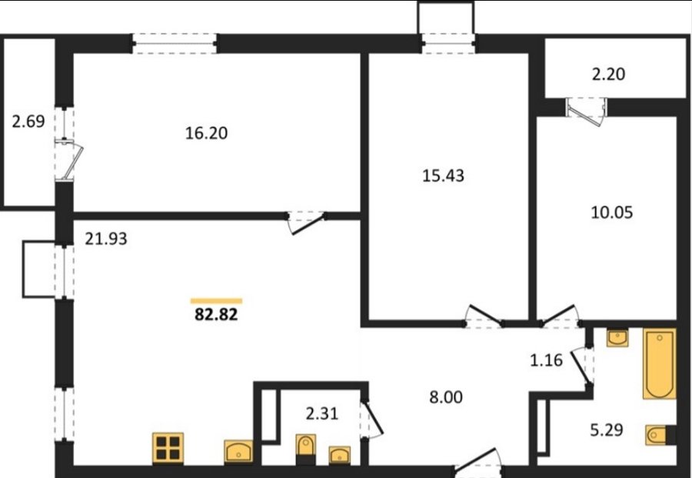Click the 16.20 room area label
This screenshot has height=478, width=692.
(x=206, y=133)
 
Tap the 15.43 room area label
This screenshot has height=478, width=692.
(x=443, y=175)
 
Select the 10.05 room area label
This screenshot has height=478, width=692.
(x=612, y=212)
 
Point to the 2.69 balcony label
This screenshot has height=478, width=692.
(x=28, y=121)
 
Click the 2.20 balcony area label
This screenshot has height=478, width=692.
(x=608, y=74)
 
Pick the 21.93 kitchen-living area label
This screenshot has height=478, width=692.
(x=106, y=239)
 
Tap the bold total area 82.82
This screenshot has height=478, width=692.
(x=216, y=315)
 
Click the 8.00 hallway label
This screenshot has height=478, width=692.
(x=446, y=397)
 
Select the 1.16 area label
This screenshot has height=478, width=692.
(x=547, y=360)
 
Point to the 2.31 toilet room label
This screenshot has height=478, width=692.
(x=322, y=413)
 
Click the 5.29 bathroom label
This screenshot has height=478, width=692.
(x=607, y=430)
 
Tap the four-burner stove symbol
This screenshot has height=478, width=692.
(x=168, y=448)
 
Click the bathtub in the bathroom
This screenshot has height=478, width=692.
(x=660, y=363)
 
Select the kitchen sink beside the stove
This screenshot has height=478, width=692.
(x=238, y=451)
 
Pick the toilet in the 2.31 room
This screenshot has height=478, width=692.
(x=306, y=450)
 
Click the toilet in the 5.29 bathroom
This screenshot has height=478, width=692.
(x=660, y=435)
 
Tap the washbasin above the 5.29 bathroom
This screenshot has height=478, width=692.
(x=617, y=338)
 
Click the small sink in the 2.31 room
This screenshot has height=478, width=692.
(x=339, y=455)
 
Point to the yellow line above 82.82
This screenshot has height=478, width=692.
(x=216, y=301)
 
